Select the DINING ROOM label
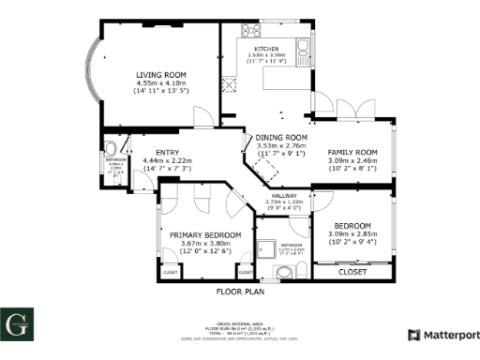(281, 138)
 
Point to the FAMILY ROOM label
(352, 152)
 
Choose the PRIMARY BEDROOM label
(205, 234)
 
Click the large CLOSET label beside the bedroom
(352, 272)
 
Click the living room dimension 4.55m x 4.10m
(162, 83)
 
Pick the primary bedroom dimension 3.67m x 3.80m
(205, 245)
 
